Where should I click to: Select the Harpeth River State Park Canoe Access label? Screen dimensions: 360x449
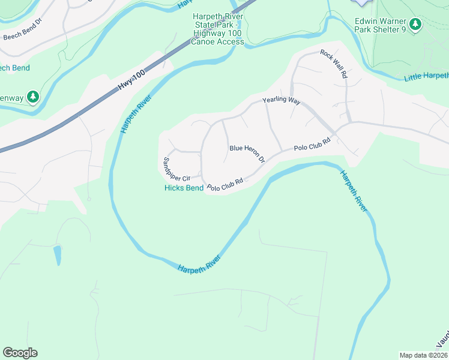pos(219,29)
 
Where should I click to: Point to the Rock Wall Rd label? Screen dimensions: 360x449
pos(334,64)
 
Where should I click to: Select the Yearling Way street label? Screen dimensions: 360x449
pos(281,101)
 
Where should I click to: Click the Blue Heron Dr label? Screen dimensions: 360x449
pos(247,154)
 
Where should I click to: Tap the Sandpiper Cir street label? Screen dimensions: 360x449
pos(176,169)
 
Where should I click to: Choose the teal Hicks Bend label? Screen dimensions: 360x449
pos(184,188)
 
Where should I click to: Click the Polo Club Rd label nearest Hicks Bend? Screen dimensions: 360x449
pos(224,186)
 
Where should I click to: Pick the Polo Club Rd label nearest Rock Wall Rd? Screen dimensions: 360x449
pos(312,145)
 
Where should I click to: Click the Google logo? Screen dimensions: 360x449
pos(20,353)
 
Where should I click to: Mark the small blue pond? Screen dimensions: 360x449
pos(58,255)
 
